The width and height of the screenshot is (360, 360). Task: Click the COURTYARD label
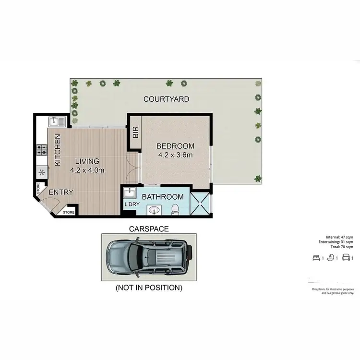point(166,99)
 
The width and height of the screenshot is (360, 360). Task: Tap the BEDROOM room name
point(176,146)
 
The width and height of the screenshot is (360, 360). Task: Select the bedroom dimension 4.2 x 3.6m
point(176,155)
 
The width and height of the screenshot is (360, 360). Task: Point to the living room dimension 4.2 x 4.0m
point(87,170)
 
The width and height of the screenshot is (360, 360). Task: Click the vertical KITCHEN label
point(58,150)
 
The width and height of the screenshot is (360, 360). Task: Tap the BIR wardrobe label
point(135,132)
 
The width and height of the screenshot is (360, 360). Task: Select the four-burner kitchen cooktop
point(41,150)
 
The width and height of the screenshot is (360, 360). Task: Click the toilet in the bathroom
point(176,209)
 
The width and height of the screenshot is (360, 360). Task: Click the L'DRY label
point(131,205)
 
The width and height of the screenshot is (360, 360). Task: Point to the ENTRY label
point(61,192)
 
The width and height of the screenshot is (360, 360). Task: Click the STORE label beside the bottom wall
point(69,212)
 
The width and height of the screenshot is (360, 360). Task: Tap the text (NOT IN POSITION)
point(149,288)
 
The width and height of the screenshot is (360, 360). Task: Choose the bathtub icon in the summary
point(331,258)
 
